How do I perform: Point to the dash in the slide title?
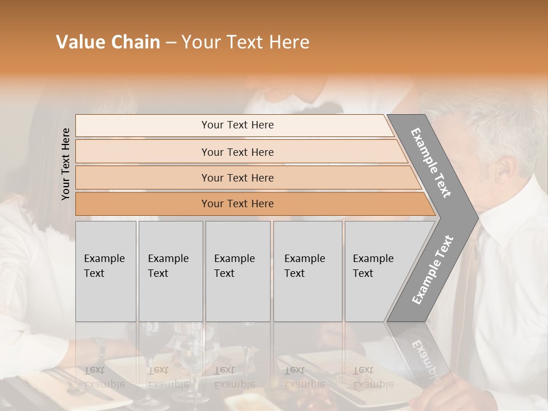(171, 43)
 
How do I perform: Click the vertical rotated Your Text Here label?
(66, 164)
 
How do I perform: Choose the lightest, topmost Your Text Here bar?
(237, 125)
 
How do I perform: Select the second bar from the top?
(237, 152)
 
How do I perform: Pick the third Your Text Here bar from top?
(237, 178)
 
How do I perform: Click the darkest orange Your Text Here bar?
(237, 204)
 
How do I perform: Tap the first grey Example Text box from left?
(106, 271)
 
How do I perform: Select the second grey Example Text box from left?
(170, 271)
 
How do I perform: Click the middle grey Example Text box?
(237, 271)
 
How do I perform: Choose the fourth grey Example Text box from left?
(307, 271)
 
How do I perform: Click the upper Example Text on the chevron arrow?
(431, 163)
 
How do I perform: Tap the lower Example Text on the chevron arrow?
(433, 269)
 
